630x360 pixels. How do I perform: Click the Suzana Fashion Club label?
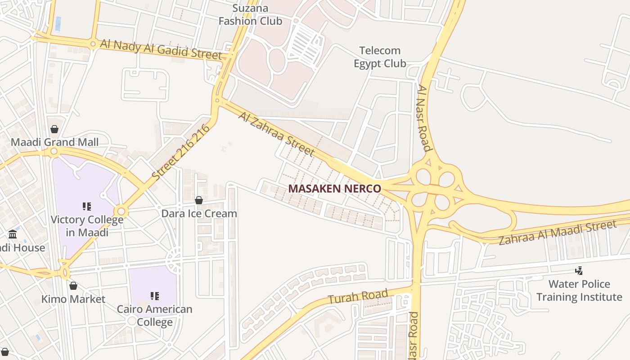tap(250, 15)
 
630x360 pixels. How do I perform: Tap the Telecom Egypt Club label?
tap(380, 57)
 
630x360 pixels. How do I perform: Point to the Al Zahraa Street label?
tap(276, 134)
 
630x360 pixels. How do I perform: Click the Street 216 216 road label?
tap(181, 153)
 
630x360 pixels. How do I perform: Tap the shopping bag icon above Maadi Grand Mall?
tap(54, 130)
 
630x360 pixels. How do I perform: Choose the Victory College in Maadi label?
tap(87, 226)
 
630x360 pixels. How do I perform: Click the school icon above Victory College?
tap(87, 207)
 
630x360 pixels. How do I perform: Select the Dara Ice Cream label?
tap(199, 213)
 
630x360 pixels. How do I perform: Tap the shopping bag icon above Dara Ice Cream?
tap(199, 200)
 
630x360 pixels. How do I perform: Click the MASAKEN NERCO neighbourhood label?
tap(335, 189)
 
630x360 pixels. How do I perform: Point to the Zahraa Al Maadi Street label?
tap(557, 233)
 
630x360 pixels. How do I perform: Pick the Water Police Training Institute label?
tap(579, 291)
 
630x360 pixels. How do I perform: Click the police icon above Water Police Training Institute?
tap(579, 271)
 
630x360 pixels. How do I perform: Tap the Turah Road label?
tap(358, 297)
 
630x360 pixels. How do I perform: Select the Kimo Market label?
tap(73, 299)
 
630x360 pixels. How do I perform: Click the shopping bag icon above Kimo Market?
tap(73, 286)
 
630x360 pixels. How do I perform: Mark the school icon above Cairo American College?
tap(155, 296)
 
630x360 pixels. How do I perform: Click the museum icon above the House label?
tap(13, 234)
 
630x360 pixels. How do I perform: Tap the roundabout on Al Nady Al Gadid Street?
tap(93, 44)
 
